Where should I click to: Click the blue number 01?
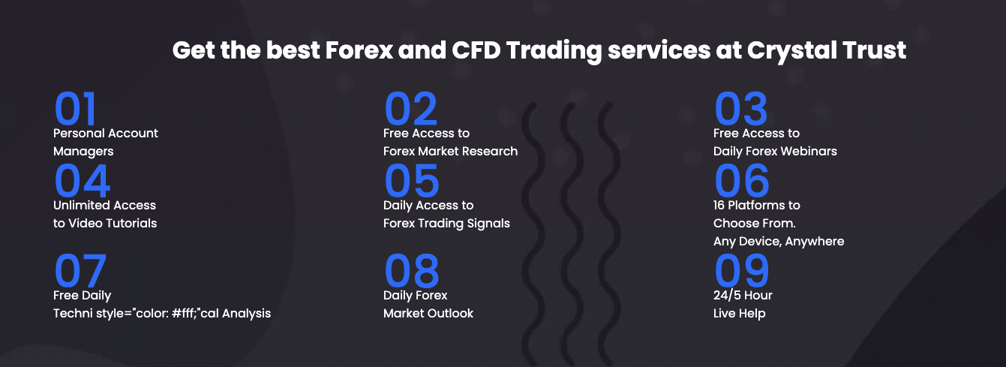point(75,108)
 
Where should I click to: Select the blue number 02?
point(410,108)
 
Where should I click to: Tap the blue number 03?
point(741,108)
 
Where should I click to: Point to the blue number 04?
point(83,181)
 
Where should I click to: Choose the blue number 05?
point(412,181)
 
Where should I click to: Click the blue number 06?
point(742,181)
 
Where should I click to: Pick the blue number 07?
point(80,270)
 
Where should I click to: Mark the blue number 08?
point(412,270)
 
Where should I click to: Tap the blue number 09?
point(742,270)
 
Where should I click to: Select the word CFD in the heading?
point(476,50)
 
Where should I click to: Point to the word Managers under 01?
point(83,152)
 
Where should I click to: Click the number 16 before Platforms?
point(719,206)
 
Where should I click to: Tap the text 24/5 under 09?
point(727,295)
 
